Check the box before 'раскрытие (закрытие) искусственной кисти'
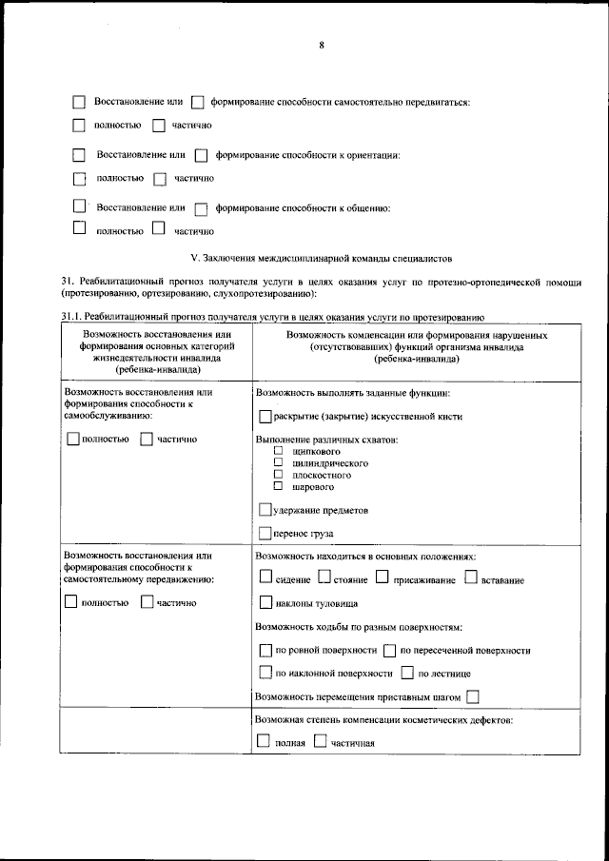[265, 416]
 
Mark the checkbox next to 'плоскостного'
[279, 473]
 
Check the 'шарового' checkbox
[279, 484]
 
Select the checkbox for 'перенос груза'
[265, 533]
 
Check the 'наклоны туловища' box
[265, 602]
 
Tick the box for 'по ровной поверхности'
[265, 650]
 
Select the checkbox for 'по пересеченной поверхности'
[389, 650]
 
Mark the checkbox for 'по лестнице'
[407, 673]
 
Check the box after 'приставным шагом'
[472, 696]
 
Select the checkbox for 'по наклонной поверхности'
[265, 673]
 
